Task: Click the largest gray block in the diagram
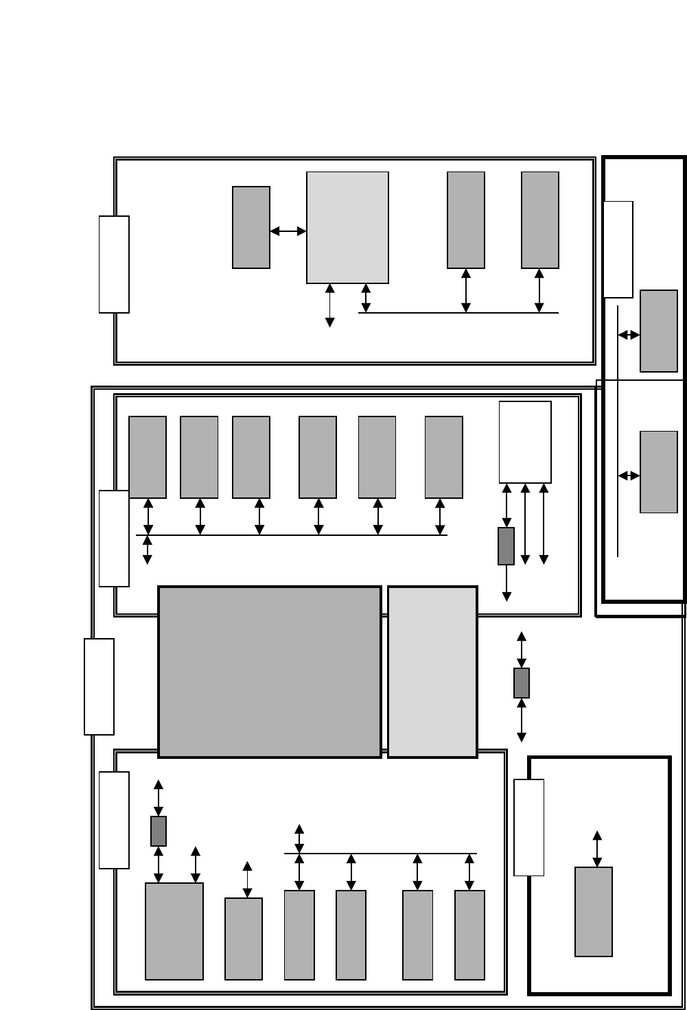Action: (x=269, y=671)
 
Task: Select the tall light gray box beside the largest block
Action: (x=432, y=671)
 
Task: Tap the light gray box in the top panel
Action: (x=347, y=227)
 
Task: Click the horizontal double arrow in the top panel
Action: (x=288, y=231)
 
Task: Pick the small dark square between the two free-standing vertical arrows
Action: (x=522, y=683)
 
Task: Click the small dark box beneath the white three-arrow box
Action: (x=506, y=546)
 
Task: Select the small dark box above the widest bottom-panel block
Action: (x=159, y=831)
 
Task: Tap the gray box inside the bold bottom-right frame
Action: (x=594, y=911)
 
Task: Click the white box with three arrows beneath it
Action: (x=525, y=442)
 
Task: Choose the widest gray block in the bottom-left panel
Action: (x=174, y=931)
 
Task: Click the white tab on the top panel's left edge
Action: (x=114, y=264)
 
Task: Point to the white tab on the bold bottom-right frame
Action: (x=529, y=827)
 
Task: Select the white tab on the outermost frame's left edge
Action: (x=99, y=686)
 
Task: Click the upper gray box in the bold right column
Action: (x=659, y=331)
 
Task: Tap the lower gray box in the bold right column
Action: (x=659, y=471)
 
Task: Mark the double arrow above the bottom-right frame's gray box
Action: (x=597, y=849)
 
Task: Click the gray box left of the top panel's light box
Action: (x=251, y=227)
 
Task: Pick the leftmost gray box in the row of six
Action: (x=148, y=457)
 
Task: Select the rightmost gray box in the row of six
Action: (x=444, y=457)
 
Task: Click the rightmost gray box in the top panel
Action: (x=540, y=220)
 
